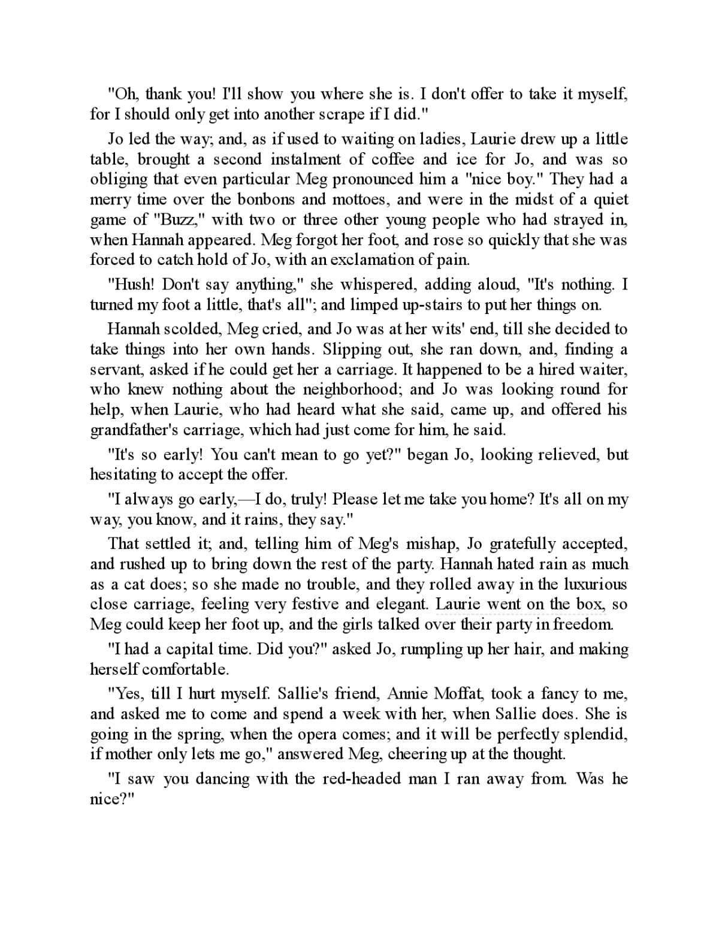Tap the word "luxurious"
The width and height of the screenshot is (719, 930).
point(590,584)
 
